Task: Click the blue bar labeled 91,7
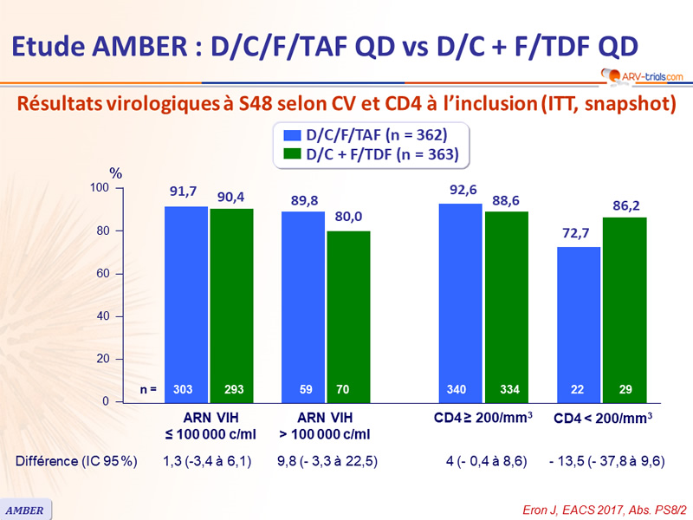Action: (186, 303)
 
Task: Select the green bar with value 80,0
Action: (348, 315)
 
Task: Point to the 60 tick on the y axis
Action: (103, 274)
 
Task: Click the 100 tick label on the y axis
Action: (100, 188)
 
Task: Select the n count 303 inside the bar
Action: (186, 390)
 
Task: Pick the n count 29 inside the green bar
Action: (623, 390)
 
